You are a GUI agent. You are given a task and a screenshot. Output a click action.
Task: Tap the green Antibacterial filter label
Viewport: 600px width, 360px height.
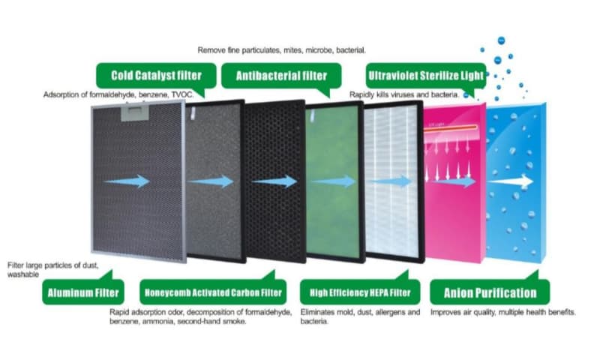(281, 76)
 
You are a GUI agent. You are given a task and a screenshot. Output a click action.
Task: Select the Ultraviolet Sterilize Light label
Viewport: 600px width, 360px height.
(425, 76)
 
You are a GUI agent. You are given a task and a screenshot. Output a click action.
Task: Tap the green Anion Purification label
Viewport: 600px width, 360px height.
(490, 292)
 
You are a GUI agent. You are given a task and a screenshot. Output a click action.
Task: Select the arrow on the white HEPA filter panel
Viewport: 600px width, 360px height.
(395, 181)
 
